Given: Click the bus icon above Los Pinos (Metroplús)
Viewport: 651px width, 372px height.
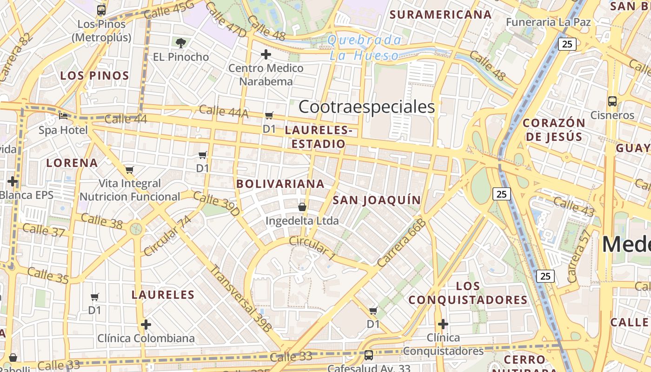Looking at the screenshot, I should [101, 10].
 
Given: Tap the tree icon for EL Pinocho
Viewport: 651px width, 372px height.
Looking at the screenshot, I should [181, 43].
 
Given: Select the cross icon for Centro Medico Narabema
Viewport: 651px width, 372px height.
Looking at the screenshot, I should [266, 55].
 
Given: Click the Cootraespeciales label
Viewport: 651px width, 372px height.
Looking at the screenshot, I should [366, 107].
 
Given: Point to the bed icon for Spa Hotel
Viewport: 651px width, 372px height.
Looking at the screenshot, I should [63, 116].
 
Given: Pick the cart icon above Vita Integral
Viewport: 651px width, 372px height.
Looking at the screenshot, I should [130, 170].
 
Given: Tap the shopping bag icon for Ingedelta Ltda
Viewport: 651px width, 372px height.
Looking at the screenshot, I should [302, 207].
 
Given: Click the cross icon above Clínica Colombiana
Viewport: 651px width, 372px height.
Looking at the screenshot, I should [146, 324].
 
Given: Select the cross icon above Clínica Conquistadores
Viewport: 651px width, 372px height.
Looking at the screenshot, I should [443, 324].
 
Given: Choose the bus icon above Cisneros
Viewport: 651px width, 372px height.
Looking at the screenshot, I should [612, 101].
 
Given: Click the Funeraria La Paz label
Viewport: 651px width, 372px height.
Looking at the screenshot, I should [548, 22].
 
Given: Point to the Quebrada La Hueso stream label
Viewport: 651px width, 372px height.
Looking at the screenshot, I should [364, 48].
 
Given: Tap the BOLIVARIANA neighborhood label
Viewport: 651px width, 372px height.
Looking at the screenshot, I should [280, 184].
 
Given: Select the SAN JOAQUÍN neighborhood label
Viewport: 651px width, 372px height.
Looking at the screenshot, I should [377, 200].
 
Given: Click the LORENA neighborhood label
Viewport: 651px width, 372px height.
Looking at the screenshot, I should [72, 163].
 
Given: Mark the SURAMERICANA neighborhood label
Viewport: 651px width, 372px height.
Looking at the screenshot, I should [440, 14].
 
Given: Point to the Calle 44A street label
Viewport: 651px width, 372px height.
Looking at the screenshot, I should [224, 112].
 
